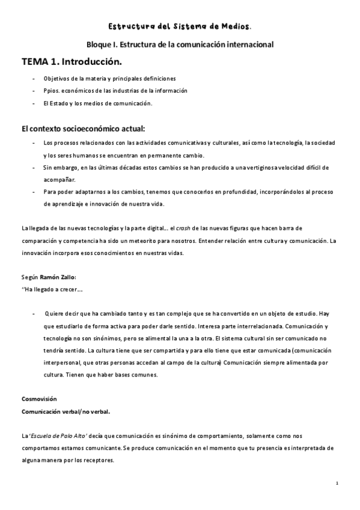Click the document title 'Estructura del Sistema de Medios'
pyautogui.click(x=179, y=26)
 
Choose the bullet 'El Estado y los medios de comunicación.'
pyautogui.click(x=98, y=103)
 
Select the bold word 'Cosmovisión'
pyautogui.click(x=39, y=399)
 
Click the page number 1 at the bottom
pyautogui.click(x=338, y=483)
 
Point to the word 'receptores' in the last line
pyautogui.click(x=98, y=460)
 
